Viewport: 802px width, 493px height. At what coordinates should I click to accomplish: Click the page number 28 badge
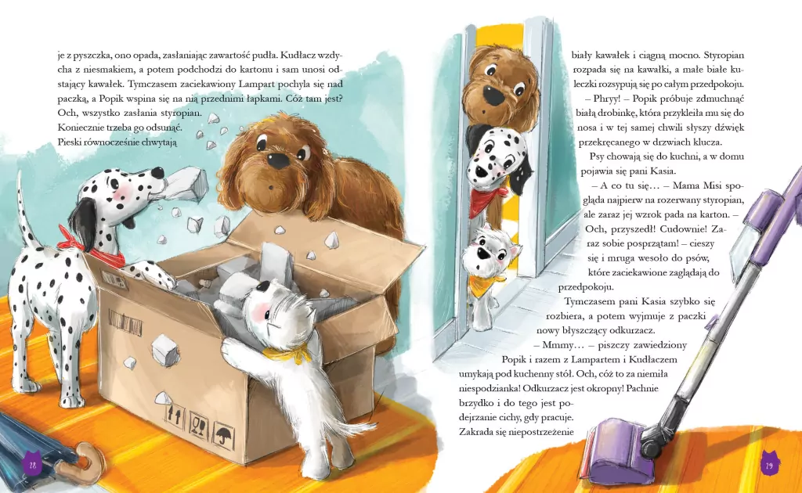(32, 464)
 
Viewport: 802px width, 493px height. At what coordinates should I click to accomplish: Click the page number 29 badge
(769, 464)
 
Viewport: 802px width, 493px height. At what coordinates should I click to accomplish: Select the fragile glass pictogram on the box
(198, 423)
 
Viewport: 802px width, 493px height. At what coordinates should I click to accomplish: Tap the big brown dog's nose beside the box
(278, 160)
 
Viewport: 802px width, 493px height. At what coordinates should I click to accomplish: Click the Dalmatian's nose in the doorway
(479, 171)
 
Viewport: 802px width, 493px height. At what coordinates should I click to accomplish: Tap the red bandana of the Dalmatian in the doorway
(486, 200)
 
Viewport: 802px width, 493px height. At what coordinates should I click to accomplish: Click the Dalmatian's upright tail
(26, 214)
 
